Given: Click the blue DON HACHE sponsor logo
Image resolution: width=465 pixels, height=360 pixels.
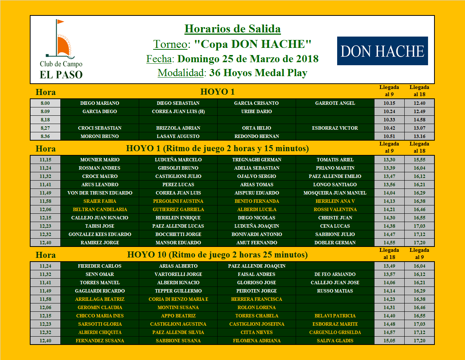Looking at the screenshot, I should coord(382,51).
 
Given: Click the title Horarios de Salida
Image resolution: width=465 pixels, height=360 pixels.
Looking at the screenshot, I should coord(232,29).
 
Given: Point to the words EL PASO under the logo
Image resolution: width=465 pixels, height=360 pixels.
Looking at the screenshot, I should coord(61,75).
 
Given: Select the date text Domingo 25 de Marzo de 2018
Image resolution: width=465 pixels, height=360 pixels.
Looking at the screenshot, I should coord(248,59).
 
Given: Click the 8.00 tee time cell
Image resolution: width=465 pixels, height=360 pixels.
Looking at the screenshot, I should coord(45,103).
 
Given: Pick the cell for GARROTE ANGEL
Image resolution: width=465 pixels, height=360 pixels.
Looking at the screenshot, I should coord(335,103).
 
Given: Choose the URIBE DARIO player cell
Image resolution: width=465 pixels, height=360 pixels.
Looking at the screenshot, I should coord(256,111).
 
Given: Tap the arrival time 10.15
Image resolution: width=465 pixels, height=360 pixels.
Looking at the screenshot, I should coord(389,103).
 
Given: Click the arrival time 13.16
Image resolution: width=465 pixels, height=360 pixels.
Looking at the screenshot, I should coord(419,136).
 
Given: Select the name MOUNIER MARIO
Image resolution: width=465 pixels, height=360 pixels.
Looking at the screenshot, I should coord(100,159).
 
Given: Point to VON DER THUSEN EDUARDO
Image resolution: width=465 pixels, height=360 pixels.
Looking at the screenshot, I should coord(100,193).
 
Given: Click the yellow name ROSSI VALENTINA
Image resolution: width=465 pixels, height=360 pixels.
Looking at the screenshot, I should coord(335,209).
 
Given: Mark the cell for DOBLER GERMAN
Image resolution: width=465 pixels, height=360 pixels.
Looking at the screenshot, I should coord(335,242).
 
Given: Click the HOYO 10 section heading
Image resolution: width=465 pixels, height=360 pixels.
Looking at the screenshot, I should coord(217,255).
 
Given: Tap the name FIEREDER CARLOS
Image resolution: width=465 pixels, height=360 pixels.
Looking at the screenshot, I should coord(100,266).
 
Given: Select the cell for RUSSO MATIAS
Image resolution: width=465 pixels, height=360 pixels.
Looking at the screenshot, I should coord(335,291).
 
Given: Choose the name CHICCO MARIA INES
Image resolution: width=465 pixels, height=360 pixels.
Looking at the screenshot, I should coord(100,316).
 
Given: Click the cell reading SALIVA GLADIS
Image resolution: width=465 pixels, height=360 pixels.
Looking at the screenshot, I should coord(335,340).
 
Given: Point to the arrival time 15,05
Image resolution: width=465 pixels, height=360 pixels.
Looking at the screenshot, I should coord(389,340).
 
